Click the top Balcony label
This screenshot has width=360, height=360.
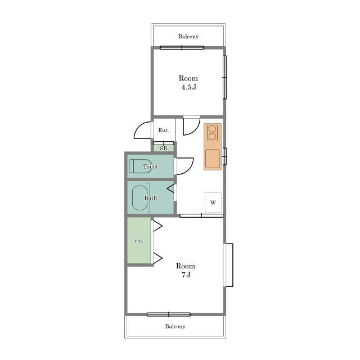[x=188, y=37]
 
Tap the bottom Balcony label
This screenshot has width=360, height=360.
[x=175, y=326]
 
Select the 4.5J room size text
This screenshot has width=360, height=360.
[x=189, y=87]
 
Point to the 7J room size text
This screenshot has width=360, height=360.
[x=186, y=274]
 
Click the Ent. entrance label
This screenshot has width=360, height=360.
[x=164, y=130]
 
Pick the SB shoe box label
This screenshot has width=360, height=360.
[x=164, y=148]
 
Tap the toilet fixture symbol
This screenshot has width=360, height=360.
[x=140, y=166]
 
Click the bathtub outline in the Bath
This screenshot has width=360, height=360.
[x=139, y=197]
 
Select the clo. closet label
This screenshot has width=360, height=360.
[x=139, y=241]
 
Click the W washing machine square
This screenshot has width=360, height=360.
[x=213, y=202]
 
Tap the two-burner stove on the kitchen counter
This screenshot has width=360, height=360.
[x=213, y=133]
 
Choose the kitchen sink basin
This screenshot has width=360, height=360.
[x=213, y=159]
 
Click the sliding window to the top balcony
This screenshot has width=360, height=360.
[x=182, y=48]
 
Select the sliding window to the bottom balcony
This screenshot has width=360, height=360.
[x=169, y=314]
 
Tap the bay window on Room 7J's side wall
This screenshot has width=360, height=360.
[x=228, y=265]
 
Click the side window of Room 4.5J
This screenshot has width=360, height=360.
[x=225, y=78]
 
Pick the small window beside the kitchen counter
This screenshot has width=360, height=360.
[x=225, y=156]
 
